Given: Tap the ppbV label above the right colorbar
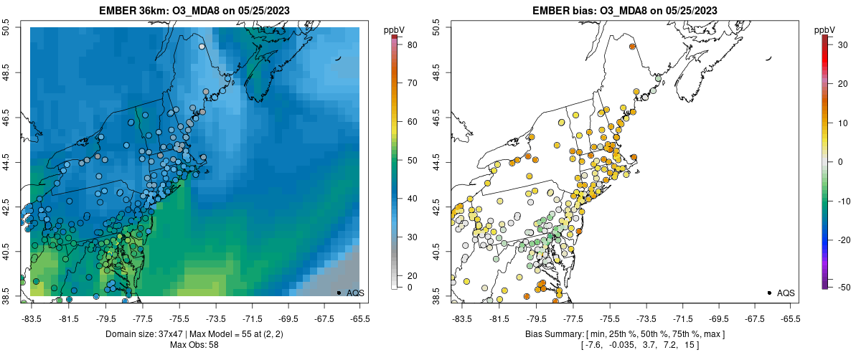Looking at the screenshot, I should [825, 29].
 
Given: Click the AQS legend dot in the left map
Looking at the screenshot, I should [339, 293].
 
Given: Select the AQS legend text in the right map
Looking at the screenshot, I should [786, 293].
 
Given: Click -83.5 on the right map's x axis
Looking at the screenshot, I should [461, 320].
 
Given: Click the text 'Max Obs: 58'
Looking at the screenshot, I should [194, 345].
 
